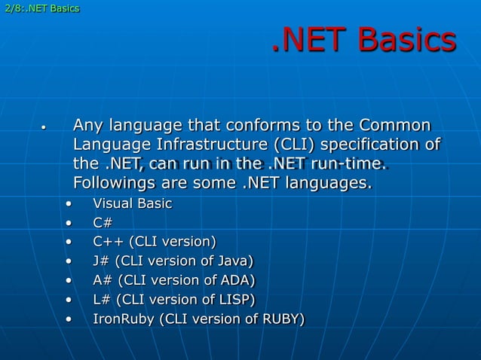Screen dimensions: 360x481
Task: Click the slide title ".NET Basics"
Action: point(363,41)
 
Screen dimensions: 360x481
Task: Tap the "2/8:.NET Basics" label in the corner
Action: point(40,8)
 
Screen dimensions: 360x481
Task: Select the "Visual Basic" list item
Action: point(132,203)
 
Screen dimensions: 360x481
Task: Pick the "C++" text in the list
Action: point(109,242)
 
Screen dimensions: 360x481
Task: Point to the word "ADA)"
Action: point(236,281)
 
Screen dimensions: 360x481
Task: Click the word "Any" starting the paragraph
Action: point(87,124)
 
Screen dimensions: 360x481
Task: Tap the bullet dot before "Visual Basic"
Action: point(69,204)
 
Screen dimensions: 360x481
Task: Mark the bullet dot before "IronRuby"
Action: point(69,320)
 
